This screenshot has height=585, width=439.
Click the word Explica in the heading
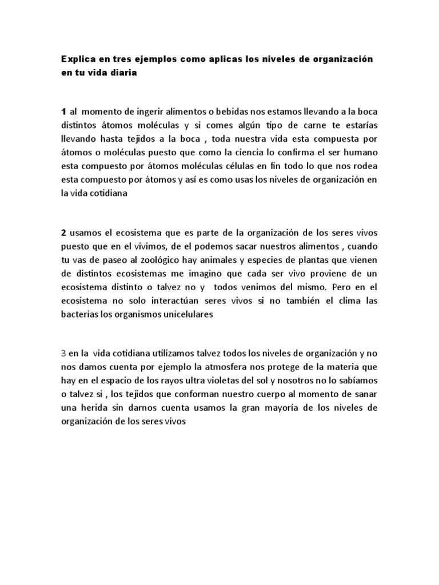click(78, 60)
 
